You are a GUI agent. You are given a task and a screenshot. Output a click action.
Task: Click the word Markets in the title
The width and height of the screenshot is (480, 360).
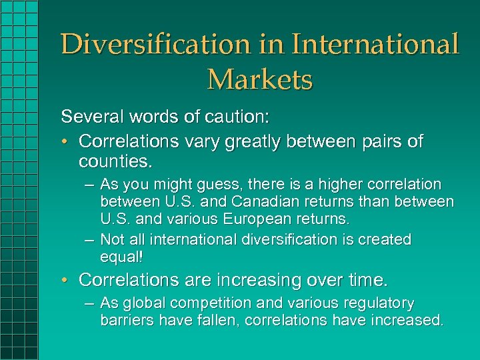(x=260, y=79)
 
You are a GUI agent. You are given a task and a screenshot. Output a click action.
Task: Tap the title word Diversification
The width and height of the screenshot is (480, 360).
(x=155, y=45)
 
